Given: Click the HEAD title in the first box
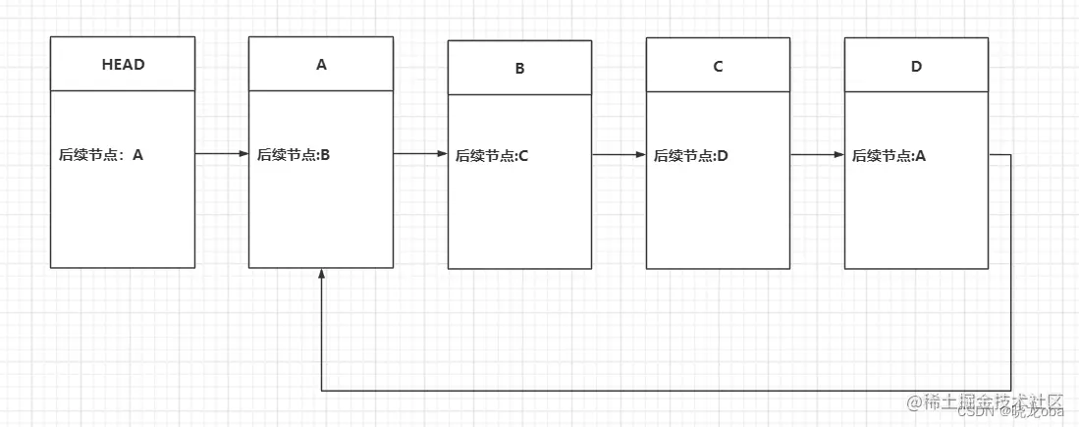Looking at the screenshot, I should coord(123,65).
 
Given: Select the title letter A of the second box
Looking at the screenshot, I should coord(321,65).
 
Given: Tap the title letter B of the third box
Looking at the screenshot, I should coord(519,69).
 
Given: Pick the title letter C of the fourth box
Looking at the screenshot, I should coord(718,67).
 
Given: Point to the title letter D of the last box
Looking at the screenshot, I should coord(916,67).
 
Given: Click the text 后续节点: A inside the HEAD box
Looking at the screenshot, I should coord(101,154).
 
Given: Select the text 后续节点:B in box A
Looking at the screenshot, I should coord(294,154).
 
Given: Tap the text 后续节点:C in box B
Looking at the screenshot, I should coord(492,155).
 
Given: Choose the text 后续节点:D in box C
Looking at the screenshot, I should coord(691,155).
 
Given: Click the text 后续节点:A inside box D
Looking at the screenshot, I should coord(889,155).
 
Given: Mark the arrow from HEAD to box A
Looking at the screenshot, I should coord(222,154).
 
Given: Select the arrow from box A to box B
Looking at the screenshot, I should coord(420,154).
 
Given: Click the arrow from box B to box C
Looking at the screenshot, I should coord(619,155).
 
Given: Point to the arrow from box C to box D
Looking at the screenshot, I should coord(817,155).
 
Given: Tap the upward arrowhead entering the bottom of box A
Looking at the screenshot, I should coord(321,274).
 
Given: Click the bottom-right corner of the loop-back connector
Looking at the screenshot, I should coord(1011,391).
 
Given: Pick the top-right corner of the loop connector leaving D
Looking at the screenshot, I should coord(1011,155).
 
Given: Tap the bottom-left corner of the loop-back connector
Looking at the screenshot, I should coord(321,391).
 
